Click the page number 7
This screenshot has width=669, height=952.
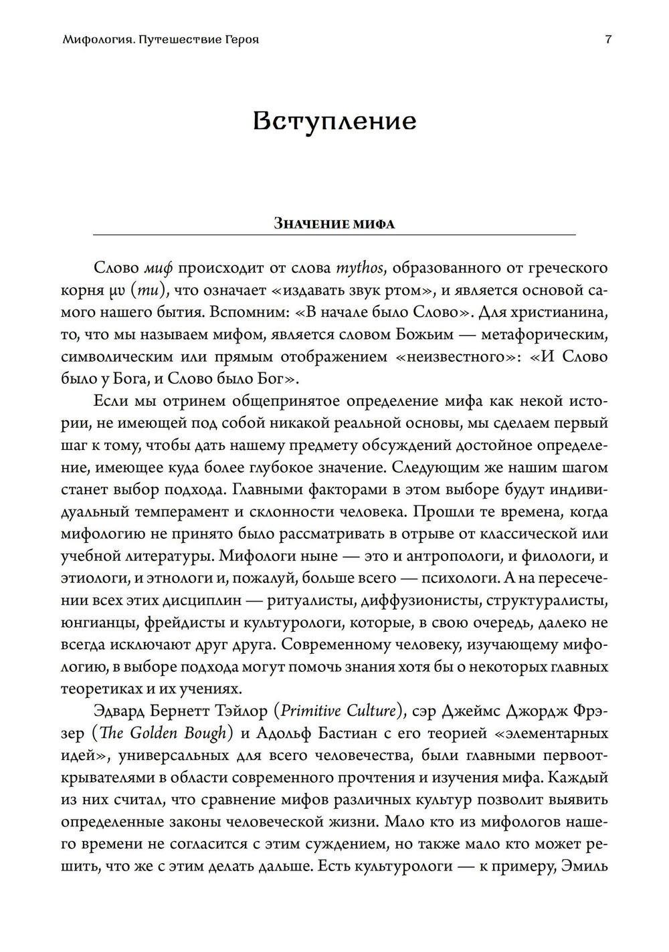click(607, 39)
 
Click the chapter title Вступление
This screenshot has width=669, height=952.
click(334, 122)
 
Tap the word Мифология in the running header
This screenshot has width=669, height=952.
click(94, 39)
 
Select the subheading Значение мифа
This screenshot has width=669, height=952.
click(334, 224)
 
